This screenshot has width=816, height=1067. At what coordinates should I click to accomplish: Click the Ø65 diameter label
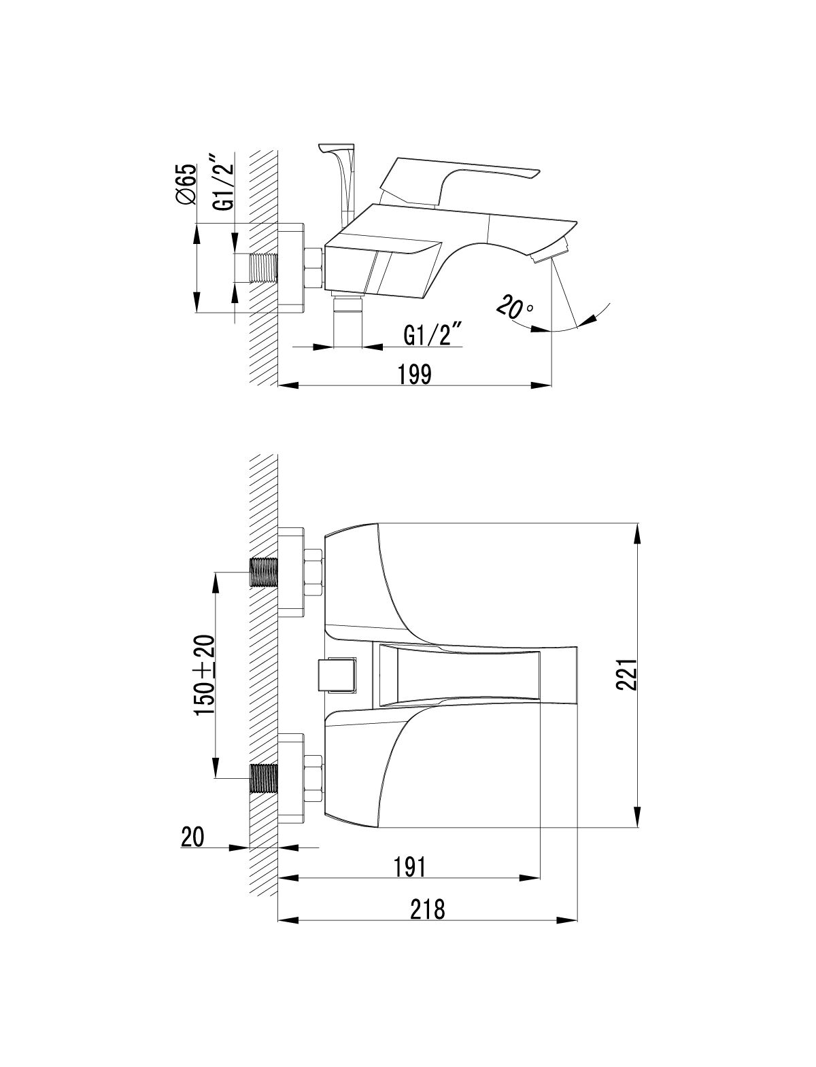pos(186,183)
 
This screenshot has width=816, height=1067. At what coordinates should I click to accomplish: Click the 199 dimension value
pos(415,374)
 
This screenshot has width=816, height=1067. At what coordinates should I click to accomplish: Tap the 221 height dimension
pos(626,674)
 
